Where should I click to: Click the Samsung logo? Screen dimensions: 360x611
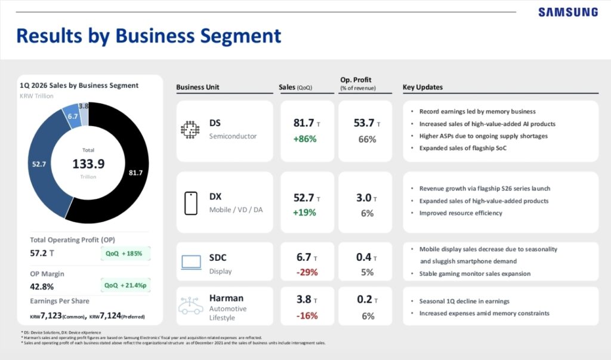click(x=567, y=12)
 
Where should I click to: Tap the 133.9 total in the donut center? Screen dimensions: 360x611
click(x=88, y=164)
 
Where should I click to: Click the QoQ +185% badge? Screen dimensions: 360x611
click(x=124, y=253)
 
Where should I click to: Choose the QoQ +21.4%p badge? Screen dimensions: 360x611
click(x=124, y=285)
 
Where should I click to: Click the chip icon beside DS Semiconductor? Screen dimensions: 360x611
click(x=190, y=130)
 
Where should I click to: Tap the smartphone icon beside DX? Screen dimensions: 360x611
click(x=190, y=203)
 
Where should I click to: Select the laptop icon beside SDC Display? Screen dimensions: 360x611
click(x=191, y=263)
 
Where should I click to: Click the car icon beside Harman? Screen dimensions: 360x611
click(x=190, y=306)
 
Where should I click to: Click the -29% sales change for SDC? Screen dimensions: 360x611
click(x=307, y=272)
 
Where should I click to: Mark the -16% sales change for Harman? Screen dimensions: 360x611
click(x=307, y=316)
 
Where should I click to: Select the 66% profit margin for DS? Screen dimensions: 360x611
click(x=366, y=139)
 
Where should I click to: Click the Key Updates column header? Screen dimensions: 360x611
click(x=422, y=87)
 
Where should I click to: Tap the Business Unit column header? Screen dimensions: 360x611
click(x=198, y=87)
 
